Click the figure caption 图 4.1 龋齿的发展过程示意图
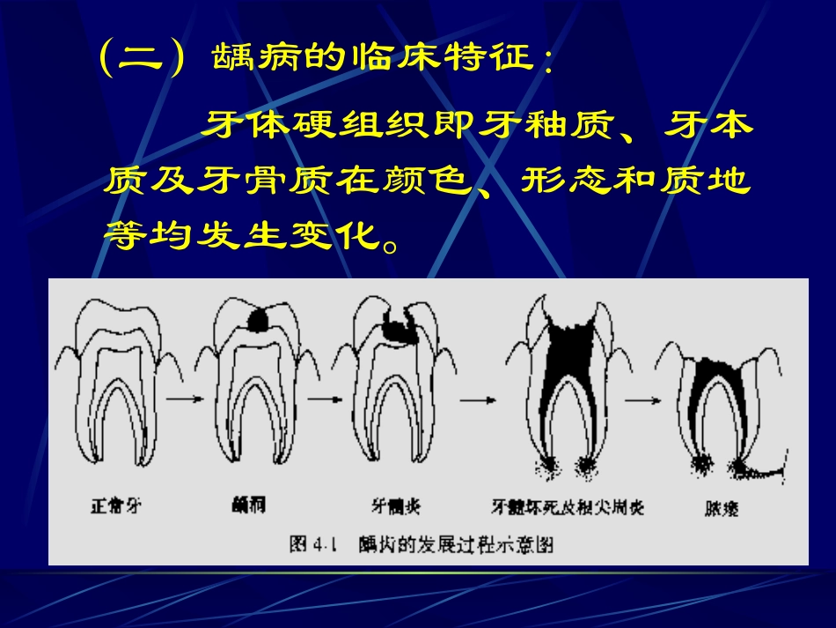tap(422, 543)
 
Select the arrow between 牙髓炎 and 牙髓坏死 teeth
tap(476, 398)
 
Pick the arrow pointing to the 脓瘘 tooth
tap(642, 398)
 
